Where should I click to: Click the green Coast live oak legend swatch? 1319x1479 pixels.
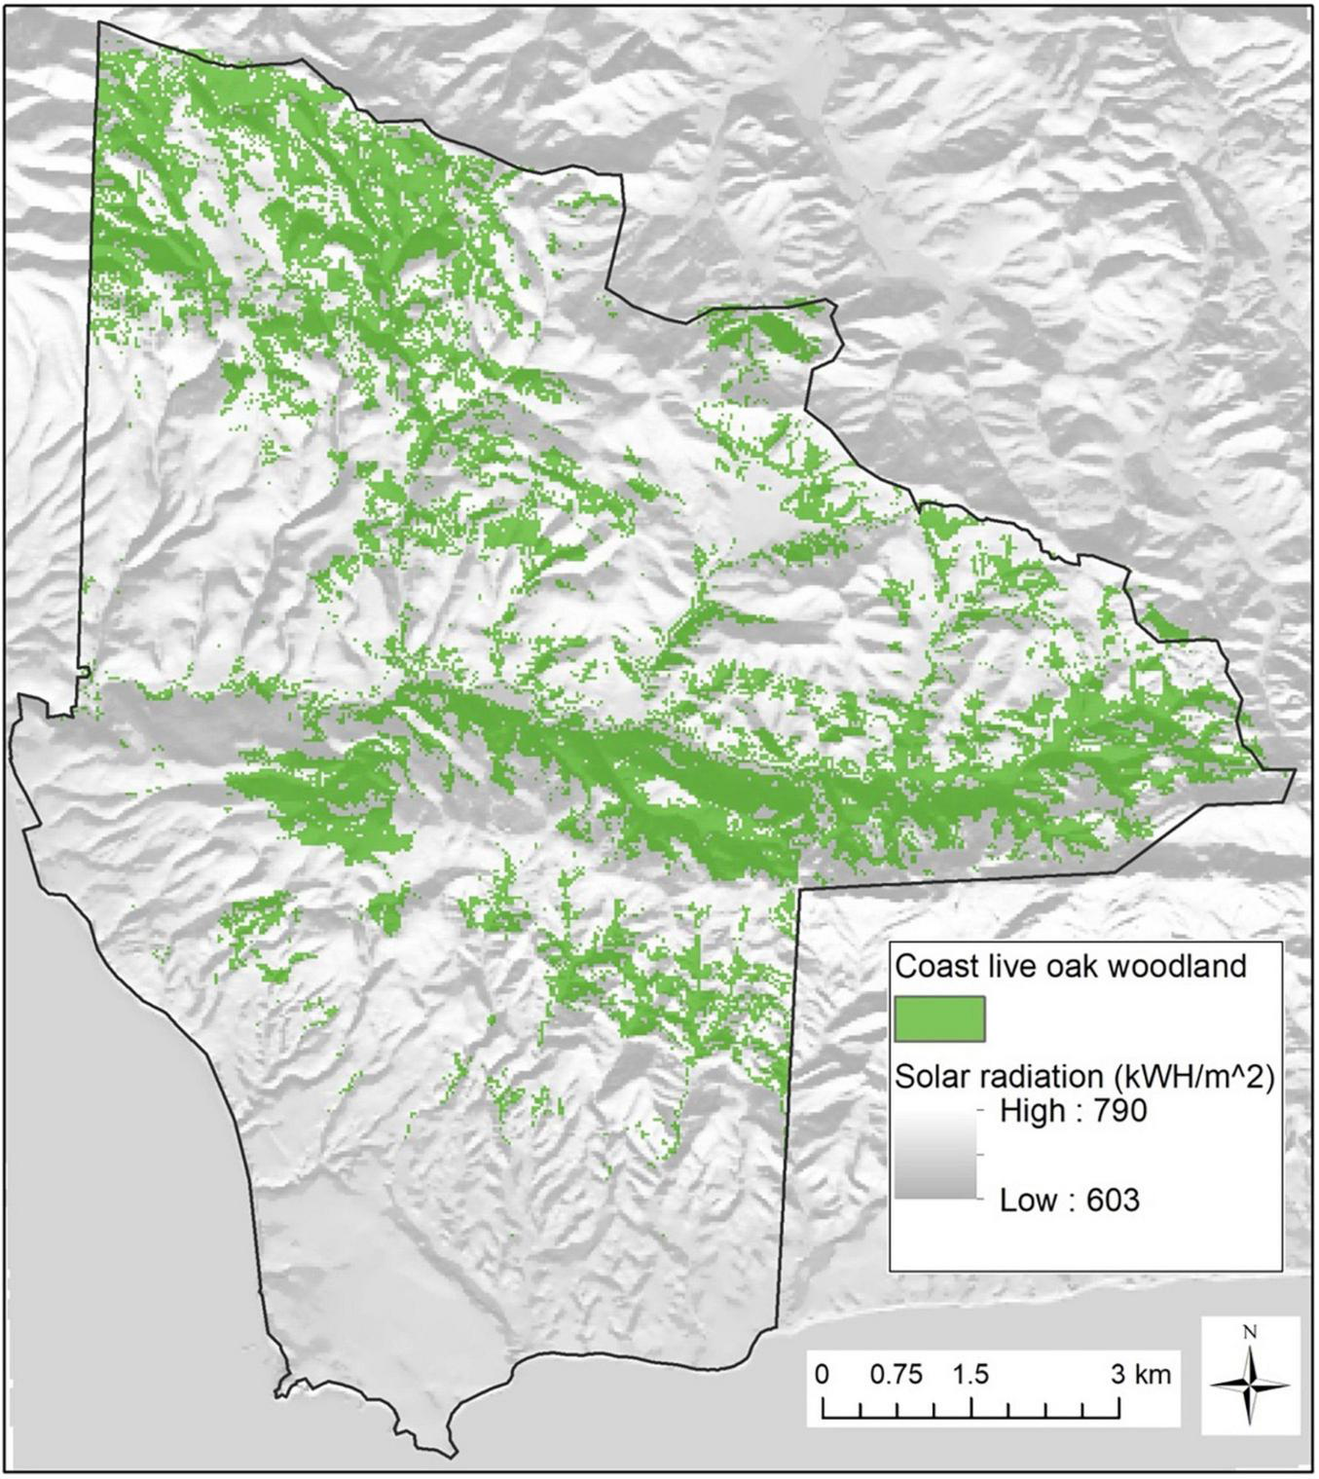click(x=939, y=1018)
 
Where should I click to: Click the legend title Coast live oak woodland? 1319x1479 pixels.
click(x=1070, y=966)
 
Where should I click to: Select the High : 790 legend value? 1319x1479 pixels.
click(x=1073, y=1111)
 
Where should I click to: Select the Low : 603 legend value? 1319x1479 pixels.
click(x=1069, y=1200)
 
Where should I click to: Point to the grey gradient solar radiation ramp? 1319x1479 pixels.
click(x=935, y=1155)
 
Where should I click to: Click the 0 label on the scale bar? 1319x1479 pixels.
click(x=823, y=1375)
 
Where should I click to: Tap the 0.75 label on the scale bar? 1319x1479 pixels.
click(x=896, y=1375)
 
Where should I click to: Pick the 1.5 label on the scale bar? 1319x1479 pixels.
click(x=970, y=1375)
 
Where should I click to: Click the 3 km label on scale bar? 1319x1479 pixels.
click(x=1141, y=1375)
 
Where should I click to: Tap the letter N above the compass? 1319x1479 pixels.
click(x=1251, y=1333)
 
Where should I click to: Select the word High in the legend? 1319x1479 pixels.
click(x=1033, y=1111)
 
